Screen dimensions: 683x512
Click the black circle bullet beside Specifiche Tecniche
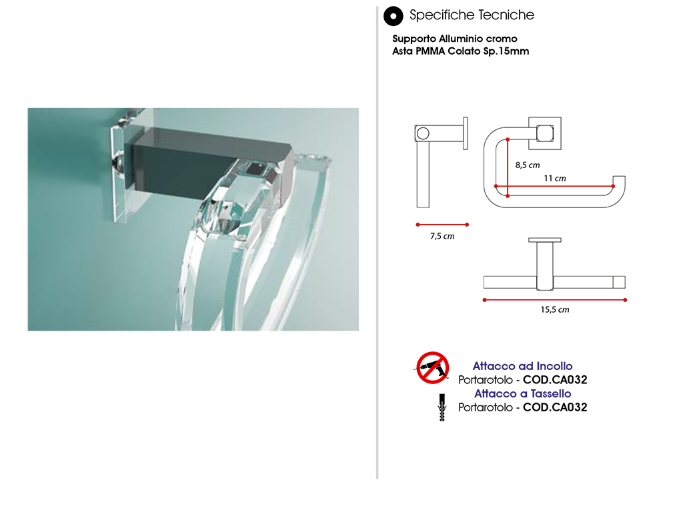393,16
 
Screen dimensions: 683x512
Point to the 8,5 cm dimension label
528,165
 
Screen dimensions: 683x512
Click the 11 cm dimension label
555,178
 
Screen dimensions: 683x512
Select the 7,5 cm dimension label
442,236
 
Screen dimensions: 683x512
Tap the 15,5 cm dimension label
555,309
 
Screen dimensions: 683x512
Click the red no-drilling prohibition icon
432,368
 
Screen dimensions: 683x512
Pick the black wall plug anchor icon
442,407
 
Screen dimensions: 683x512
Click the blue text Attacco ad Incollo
523,366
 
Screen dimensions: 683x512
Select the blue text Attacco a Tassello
523,393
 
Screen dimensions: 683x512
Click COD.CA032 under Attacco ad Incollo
555,379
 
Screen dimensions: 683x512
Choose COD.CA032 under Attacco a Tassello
555,407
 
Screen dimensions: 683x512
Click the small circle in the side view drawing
423,133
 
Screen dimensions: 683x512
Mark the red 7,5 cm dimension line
442,225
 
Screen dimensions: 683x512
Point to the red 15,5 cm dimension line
554,300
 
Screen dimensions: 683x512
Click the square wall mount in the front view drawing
545,133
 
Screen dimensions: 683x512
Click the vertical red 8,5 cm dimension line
508,167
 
